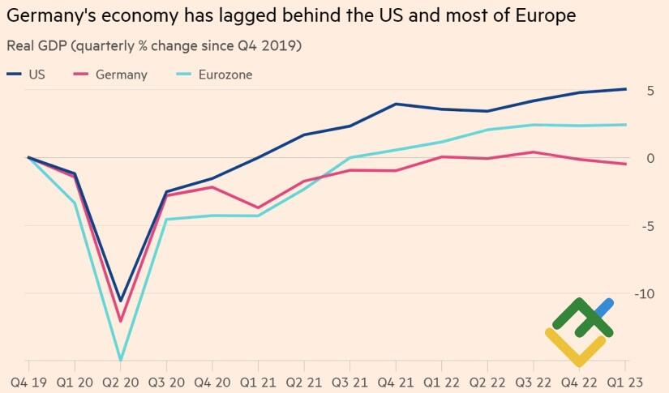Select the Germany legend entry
click(110, 75)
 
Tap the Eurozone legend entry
click(214, 75)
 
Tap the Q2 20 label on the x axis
click(121, 381)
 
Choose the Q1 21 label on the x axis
click(258, 381)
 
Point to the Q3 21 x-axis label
click(350, 381)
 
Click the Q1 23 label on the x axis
click(626, 381)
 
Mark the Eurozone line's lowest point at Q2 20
click(121, 360)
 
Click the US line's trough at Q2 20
click(121, 301)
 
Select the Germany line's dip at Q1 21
click(258, 208)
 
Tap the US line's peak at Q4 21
click(395, 104)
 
